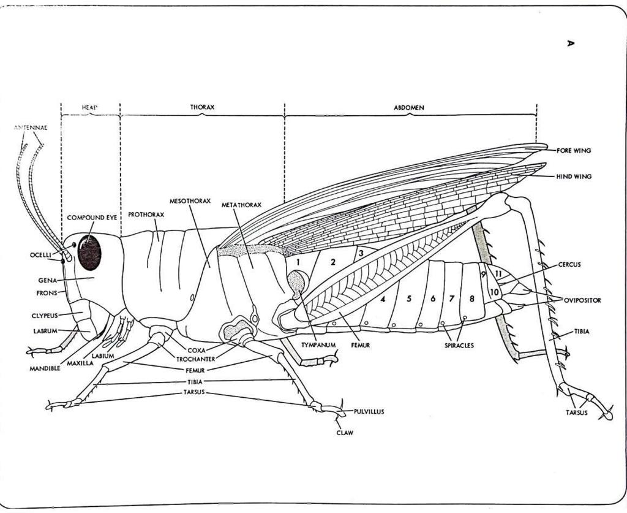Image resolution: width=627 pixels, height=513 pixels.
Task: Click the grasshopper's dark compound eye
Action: point(89,253)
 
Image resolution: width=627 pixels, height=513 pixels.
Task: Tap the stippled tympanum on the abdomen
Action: point(298,283)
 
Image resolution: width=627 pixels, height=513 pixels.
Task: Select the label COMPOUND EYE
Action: point(92,218)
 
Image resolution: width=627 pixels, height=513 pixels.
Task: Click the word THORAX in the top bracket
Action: point(202,107)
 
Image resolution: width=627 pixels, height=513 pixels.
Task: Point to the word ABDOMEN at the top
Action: point(408,107)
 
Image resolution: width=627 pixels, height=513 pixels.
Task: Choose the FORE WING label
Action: point(574,150)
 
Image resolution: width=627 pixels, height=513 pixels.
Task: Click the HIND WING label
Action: point(574,177)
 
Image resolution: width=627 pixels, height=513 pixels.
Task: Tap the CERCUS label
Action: point(569,265)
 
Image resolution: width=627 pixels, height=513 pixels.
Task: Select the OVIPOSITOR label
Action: point(582,300)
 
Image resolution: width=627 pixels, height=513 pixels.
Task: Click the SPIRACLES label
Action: point(459,346)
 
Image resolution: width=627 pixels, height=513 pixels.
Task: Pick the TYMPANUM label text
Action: point(318,345)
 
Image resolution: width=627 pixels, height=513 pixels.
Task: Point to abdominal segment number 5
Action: point(408,299)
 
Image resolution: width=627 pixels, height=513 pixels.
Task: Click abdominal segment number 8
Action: point(471,299)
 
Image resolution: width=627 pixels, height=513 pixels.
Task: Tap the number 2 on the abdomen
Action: point(333,262)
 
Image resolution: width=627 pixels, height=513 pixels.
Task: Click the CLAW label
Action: point(345,433)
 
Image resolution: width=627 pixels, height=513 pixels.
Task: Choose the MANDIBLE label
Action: point(45,369)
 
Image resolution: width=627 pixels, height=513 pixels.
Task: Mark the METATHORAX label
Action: point(241,205)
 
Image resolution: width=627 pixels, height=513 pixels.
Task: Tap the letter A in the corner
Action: point(571,43)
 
